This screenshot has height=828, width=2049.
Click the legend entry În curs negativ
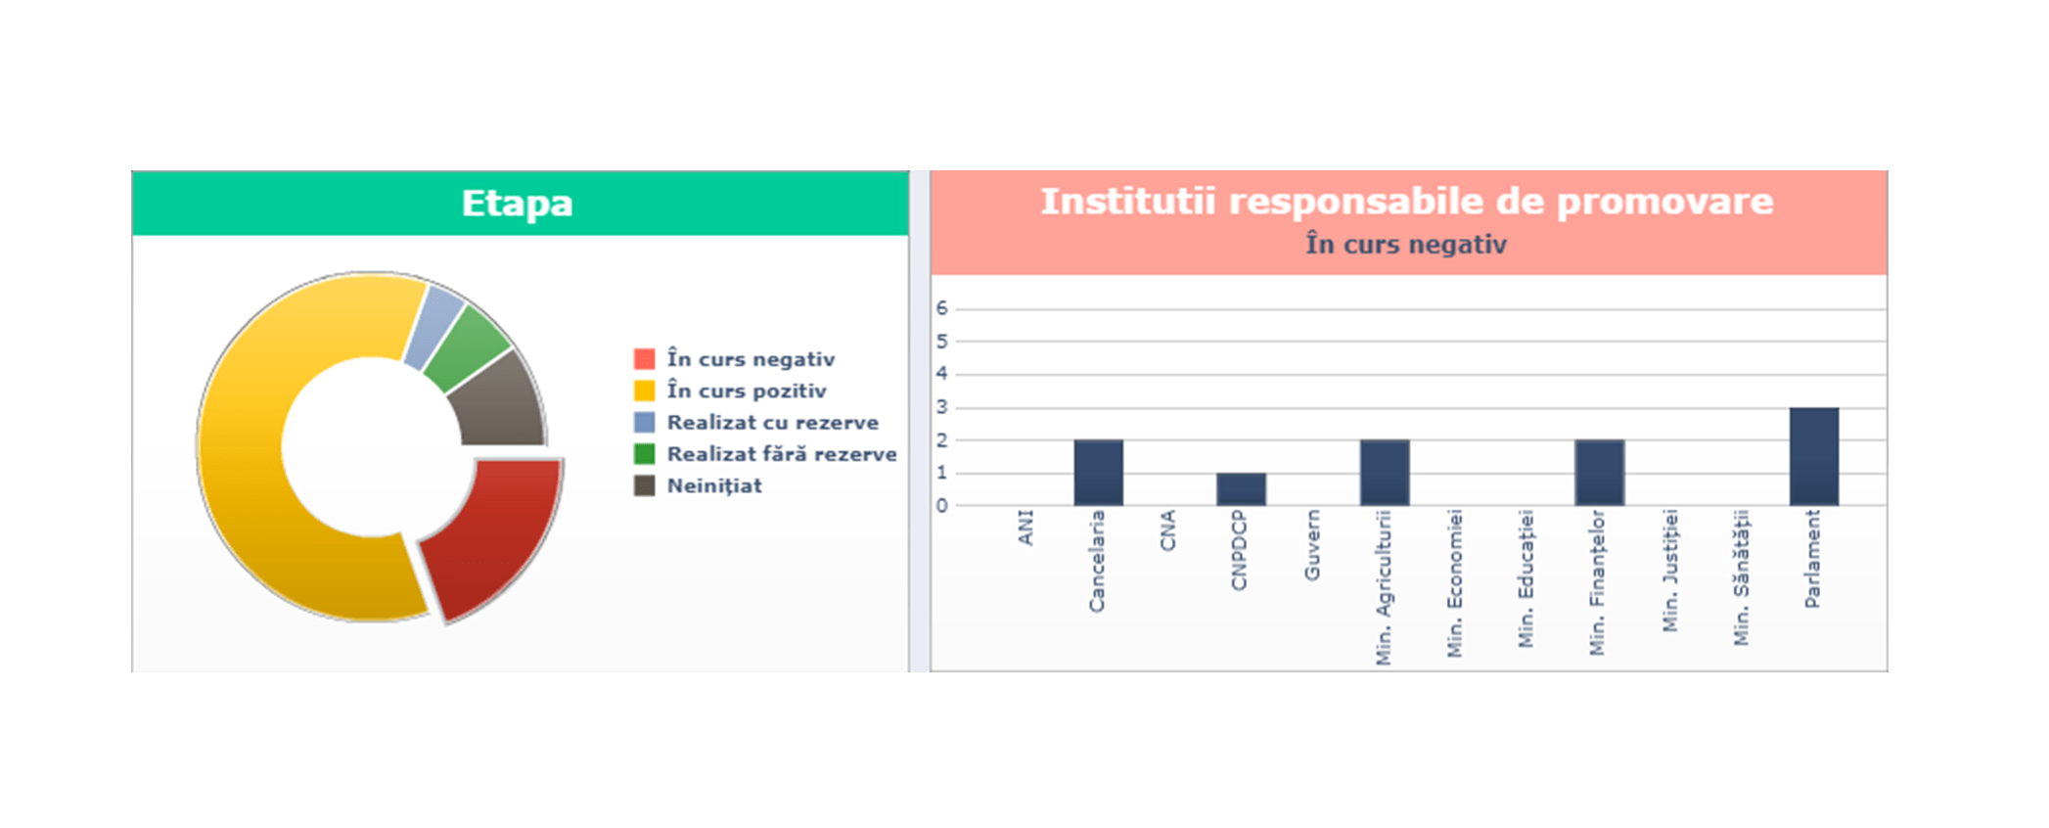coord(750,359)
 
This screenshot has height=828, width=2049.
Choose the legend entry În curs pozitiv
coord(746,391)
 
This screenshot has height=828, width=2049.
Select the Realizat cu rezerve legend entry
coord(772,423)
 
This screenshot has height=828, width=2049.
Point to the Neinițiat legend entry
coord(713,485)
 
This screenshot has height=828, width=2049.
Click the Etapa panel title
coord(517,204)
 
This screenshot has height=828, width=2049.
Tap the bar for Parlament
coord(1813,457)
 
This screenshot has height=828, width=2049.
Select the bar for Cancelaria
coord(1098,473)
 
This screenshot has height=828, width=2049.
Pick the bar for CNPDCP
coord(1241,489)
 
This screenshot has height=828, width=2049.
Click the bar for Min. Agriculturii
coord(1384,473)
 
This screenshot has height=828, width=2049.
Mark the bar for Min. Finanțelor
coord(1599,473)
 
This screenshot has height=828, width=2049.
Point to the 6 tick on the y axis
coord(941,308)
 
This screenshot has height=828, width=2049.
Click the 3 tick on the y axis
coord(941,407)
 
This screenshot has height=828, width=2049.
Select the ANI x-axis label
coord(1025,529)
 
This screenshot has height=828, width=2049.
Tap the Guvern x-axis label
coord(1312,545)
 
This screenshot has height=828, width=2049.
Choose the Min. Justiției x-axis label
coord(1670,570)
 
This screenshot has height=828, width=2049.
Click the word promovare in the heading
coord(1664,202)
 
